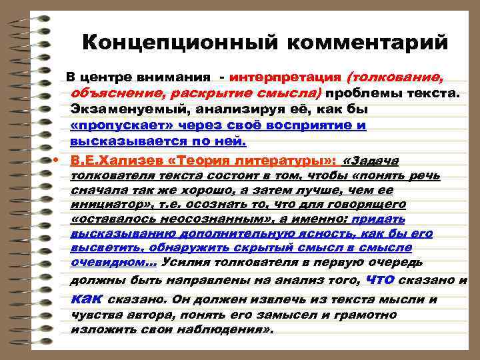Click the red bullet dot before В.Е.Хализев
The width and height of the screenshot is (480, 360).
pyautogui.click(x=57, y=161)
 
